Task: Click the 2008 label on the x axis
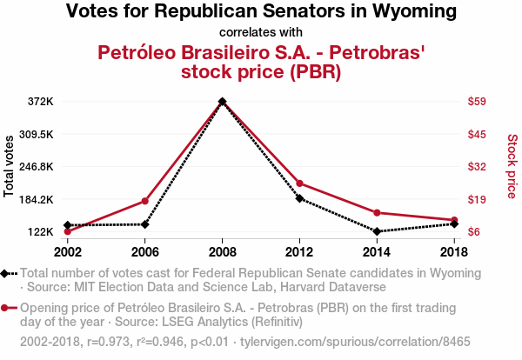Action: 223,251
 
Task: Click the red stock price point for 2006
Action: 145,201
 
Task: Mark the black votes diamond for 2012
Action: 300,198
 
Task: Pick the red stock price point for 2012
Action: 300,183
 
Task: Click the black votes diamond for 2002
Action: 68,225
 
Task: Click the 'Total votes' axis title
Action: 10,165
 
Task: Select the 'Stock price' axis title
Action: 512,165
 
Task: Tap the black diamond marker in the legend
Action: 7,273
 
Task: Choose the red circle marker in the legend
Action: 7,308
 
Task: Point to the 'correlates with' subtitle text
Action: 261,33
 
